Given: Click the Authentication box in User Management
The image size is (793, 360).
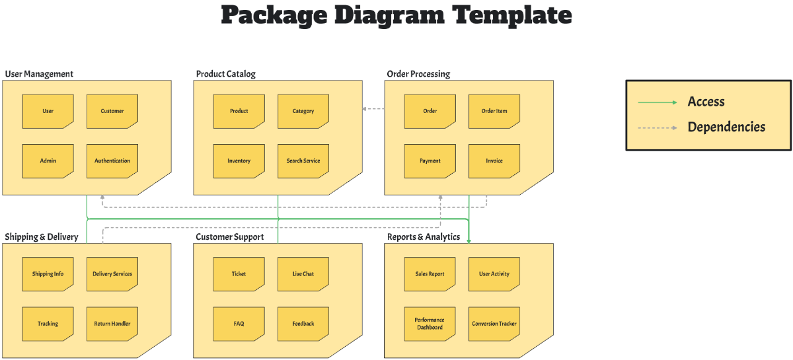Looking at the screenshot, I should pos(112,161).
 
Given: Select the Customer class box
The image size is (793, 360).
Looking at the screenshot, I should pos(112,111).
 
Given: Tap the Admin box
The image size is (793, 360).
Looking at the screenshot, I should pos(48,161).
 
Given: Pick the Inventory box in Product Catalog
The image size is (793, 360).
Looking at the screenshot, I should pos(239,161).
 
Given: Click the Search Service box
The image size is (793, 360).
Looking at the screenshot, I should pos(303,161).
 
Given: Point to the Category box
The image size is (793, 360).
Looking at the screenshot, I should pos(303,111).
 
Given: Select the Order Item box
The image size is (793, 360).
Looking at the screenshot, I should pos(494,111).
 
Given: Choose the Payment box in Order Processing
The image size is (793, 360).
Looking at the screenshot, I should pos(430,161).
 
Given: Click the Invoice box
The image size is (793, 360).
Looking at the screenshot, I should pos(494,161).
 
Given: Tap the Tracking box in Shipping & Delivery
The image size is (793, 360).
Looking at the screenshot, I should pos(48,324).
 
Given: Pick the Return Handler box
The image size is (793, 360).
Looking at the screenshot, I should pos(112,324).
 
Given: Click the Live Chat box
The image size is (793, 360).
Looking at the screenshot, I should pos(303,273).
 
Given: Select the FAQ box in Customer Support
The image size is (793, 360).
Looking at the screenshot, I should pos(239,324).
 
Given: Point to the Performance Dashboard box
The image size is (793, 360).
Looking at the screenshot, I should pos(430,324).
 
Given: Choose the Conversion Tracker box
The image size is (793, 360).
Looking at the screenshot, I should pos(494,324).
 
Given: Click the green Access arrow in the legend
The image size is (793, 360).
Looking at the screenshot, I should pos(658,102).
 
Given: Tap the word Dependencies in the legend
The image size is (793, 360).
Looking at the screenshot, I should pos(726,127).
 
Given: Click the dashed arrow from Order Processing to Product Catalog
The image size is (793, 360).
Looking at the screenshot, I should pos(374,109).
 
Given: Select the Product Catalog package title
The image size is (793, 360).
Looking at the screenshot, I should pos(225,74).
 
